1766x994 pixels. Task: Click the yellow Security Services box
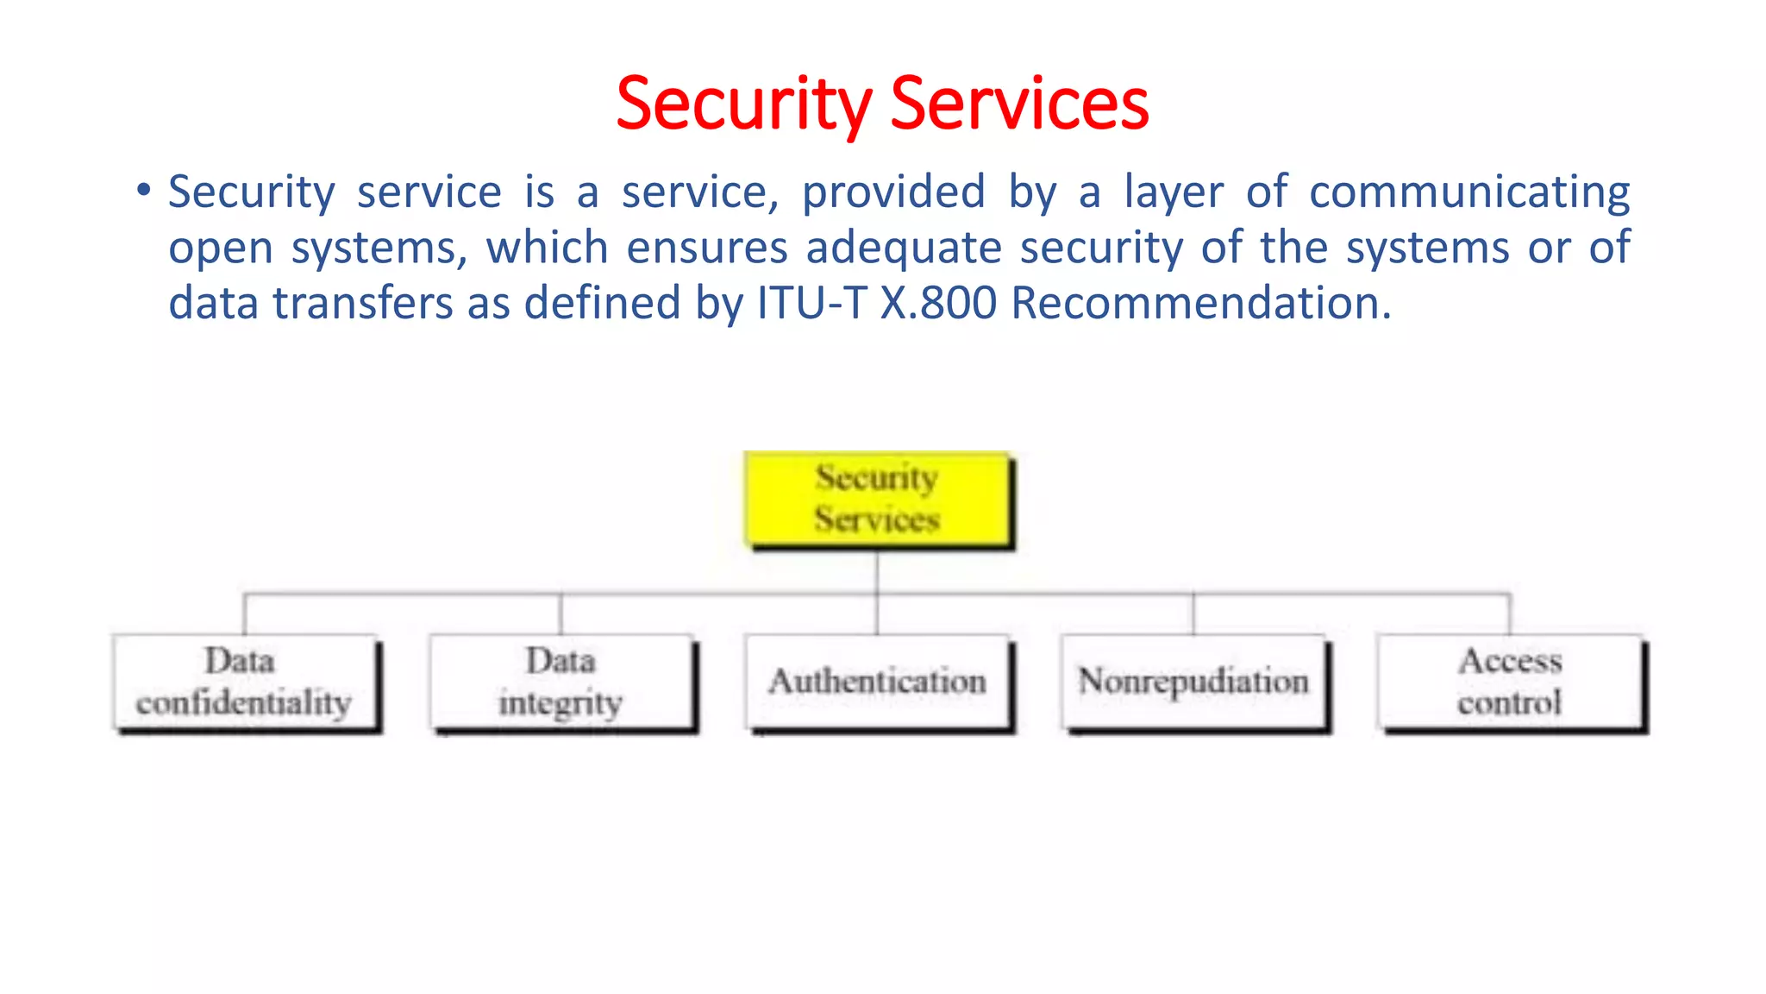click(878, 499)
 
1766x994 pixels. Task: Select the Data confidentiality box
click(245, 682)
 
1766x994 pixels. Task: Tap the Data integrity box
click(561, 682)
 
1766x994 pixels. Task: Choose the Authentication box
click(878, 682)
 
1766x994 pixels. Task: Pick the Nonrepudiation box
click(1194, 682)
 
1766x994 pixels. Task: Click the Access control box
click(1510, 682)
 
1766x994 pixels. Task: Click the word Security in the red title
click(744, 104)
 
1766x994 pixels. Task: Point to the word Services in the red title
click(1019, 104)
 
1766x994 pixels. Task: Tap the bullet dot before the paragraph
click(143, 189)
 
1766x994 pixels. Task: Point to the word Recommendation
click(1200, 303)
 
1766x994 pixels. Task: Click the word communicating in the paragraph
click(1469, 192)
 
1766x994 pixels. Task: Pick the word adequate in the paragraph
click(904, 248)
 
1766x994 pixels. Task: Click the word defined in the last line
click(602, 303)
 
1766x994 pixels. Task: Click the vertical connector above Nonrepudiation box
click(1193, 613)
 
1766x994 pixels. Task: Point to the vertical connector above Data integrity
click(560, 613)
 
